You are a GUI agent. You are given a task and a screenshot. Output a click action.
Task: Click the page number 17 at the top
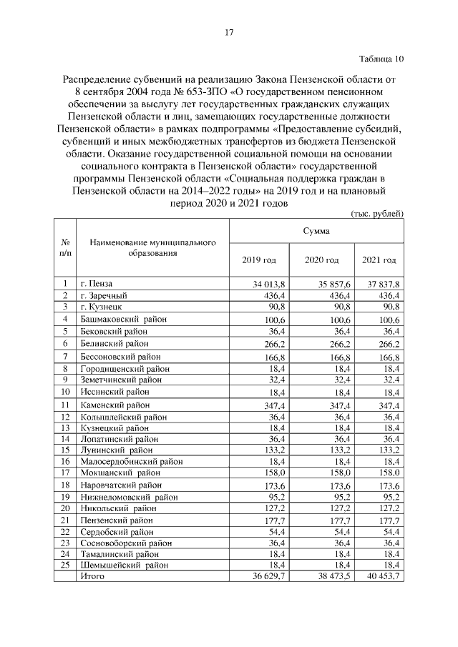[229, 32]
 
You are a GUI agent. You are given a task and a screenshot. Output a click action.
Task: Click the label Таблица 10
[381, 59]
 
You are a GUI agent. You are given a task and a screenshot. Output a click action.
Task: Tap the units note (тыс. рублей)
[378, 213]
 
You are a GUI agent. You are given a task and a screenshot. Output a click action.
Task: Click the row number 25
[66, 564]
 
